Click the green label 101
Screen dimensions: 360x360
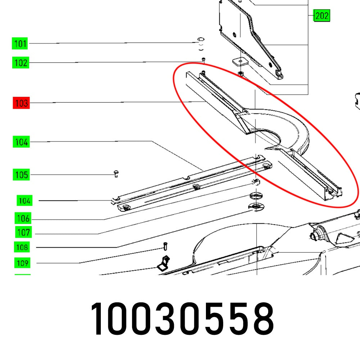coord(20,43)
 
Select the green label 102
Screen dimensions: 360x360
coord(21,62)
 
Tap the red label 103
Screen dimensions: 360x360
coord(21,103)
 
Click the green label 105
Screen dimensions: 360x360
coord(21,175)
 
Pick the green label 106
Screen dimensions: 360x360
coord(23,218)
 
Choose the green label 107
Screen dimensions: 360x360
coord(23,232)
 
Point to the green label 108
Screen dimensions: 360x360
coord(22,247)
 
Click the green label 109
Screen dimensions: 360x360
coord(22,263)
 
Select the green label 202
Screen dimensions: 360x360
coord(321,15)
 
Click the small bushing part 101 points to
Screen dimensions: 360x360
coord(201,44)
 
